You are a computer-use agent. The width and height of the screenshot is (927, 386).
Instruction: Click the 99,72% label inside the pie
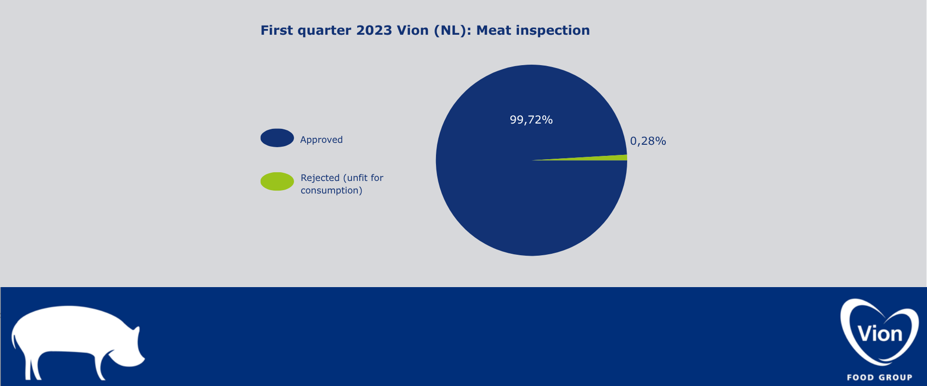(x=531, y=120)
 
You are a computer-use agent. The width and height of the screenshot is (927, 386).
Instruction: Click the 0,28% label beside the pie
(x=648, y=141)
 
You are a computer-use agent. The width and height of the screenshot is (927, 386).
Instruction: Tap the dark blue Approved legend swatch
(x=277, y=138)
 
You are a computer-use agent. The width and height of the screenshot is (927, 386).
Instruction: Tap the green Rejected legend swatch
(x=277, y=181)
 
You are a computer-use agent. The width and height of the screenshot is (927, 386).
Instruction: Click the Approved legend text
(x=322, y=140)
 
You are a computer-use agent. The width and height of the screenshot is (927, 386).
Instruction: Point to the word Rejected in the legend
(x=320, y=178)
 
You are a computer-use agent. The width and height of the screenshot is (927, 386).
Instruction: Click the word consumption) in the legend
(x=331, y=191)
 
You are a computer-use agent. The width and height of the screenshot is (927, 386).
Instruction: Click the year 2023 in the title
(x=374, y=30)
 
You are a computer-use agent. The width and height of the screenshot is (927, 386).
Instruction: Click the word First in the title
(x=277, y=30)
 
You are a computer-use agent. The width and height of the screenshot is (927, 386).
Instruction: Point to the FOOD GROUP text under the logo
(x=880, y=377)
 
